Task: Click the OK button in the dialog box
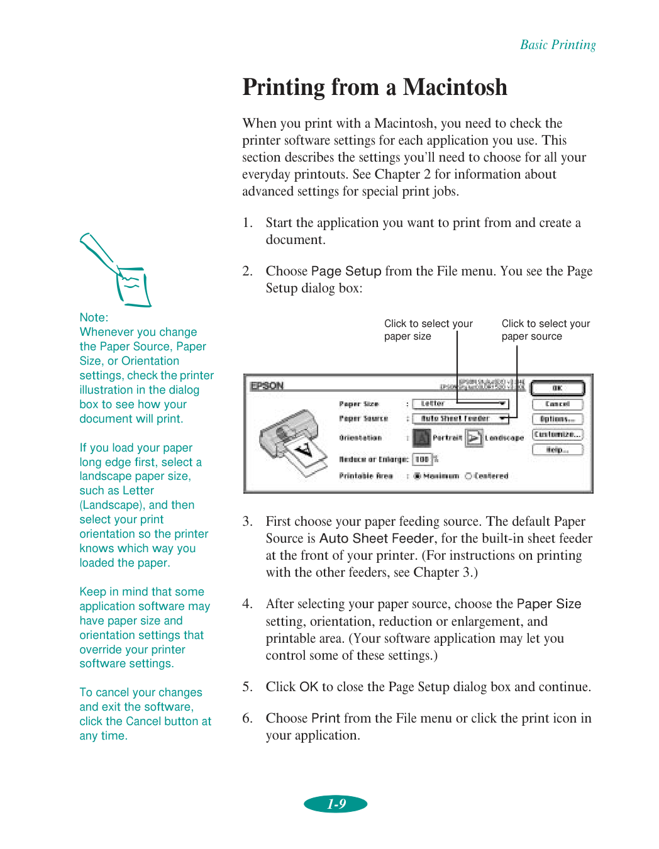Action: coord(557,389)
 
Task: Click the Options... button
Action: coord(557,419)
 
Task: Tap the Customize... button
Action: coord(557,435)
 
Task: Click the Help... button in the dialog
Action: coord(557,450)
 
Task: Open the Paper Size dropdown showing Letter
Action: coord(460,404)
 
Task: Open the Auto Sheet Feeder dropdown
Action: coord(460,419)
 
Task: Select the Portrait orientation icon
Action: coord(421,438)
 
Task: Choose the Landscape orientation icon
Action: coord(474,438)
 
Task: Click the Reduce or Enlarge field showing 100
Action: coord(422,460)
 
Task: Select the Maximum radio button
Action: coord(418,476)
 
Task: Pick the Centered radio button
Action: coord(468,476)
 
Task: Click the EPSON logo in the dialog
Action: coord(267,386)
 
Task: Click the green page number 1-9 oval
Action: coord(336,804)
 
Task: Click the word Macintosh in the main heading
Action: coord(455,87)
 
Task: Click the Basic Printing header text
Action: coord(558,45)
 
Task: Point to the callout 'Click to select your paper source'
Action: coord(545,330)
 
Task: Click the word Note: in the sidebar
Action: coord(94,318)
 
